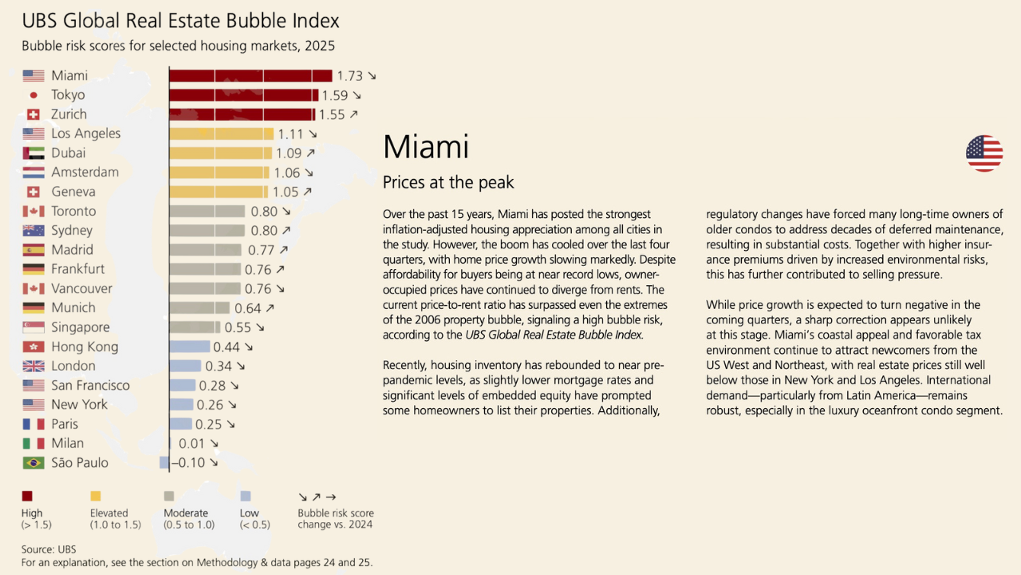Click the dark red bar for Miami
coord(250,76)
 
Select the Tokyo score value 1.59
coord(335,95)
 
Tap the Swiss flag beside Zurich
coord(34,114)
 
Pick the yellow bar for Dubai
coord(221,153)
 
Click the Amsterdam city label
coord(85,172)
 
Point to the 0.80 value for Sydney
coord(264,231)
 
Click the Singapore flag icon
coord(34,327)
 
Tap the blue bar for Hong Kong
coord(190,347)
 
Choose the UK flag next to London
coord(34,366)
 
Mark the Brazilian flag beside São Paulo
coord(34,462)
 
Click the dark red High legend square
coord(27,496)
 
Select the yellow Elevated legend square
coord(96,496)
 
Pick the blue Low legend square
coord(246,496)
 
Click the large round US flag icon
coord(984,153)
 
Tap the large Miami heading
coord(426,147)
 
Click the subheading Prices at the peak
coord(448,182)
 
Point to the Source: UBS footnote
coord(49,549)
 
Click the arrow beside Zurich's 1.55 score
coord(353,114)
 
